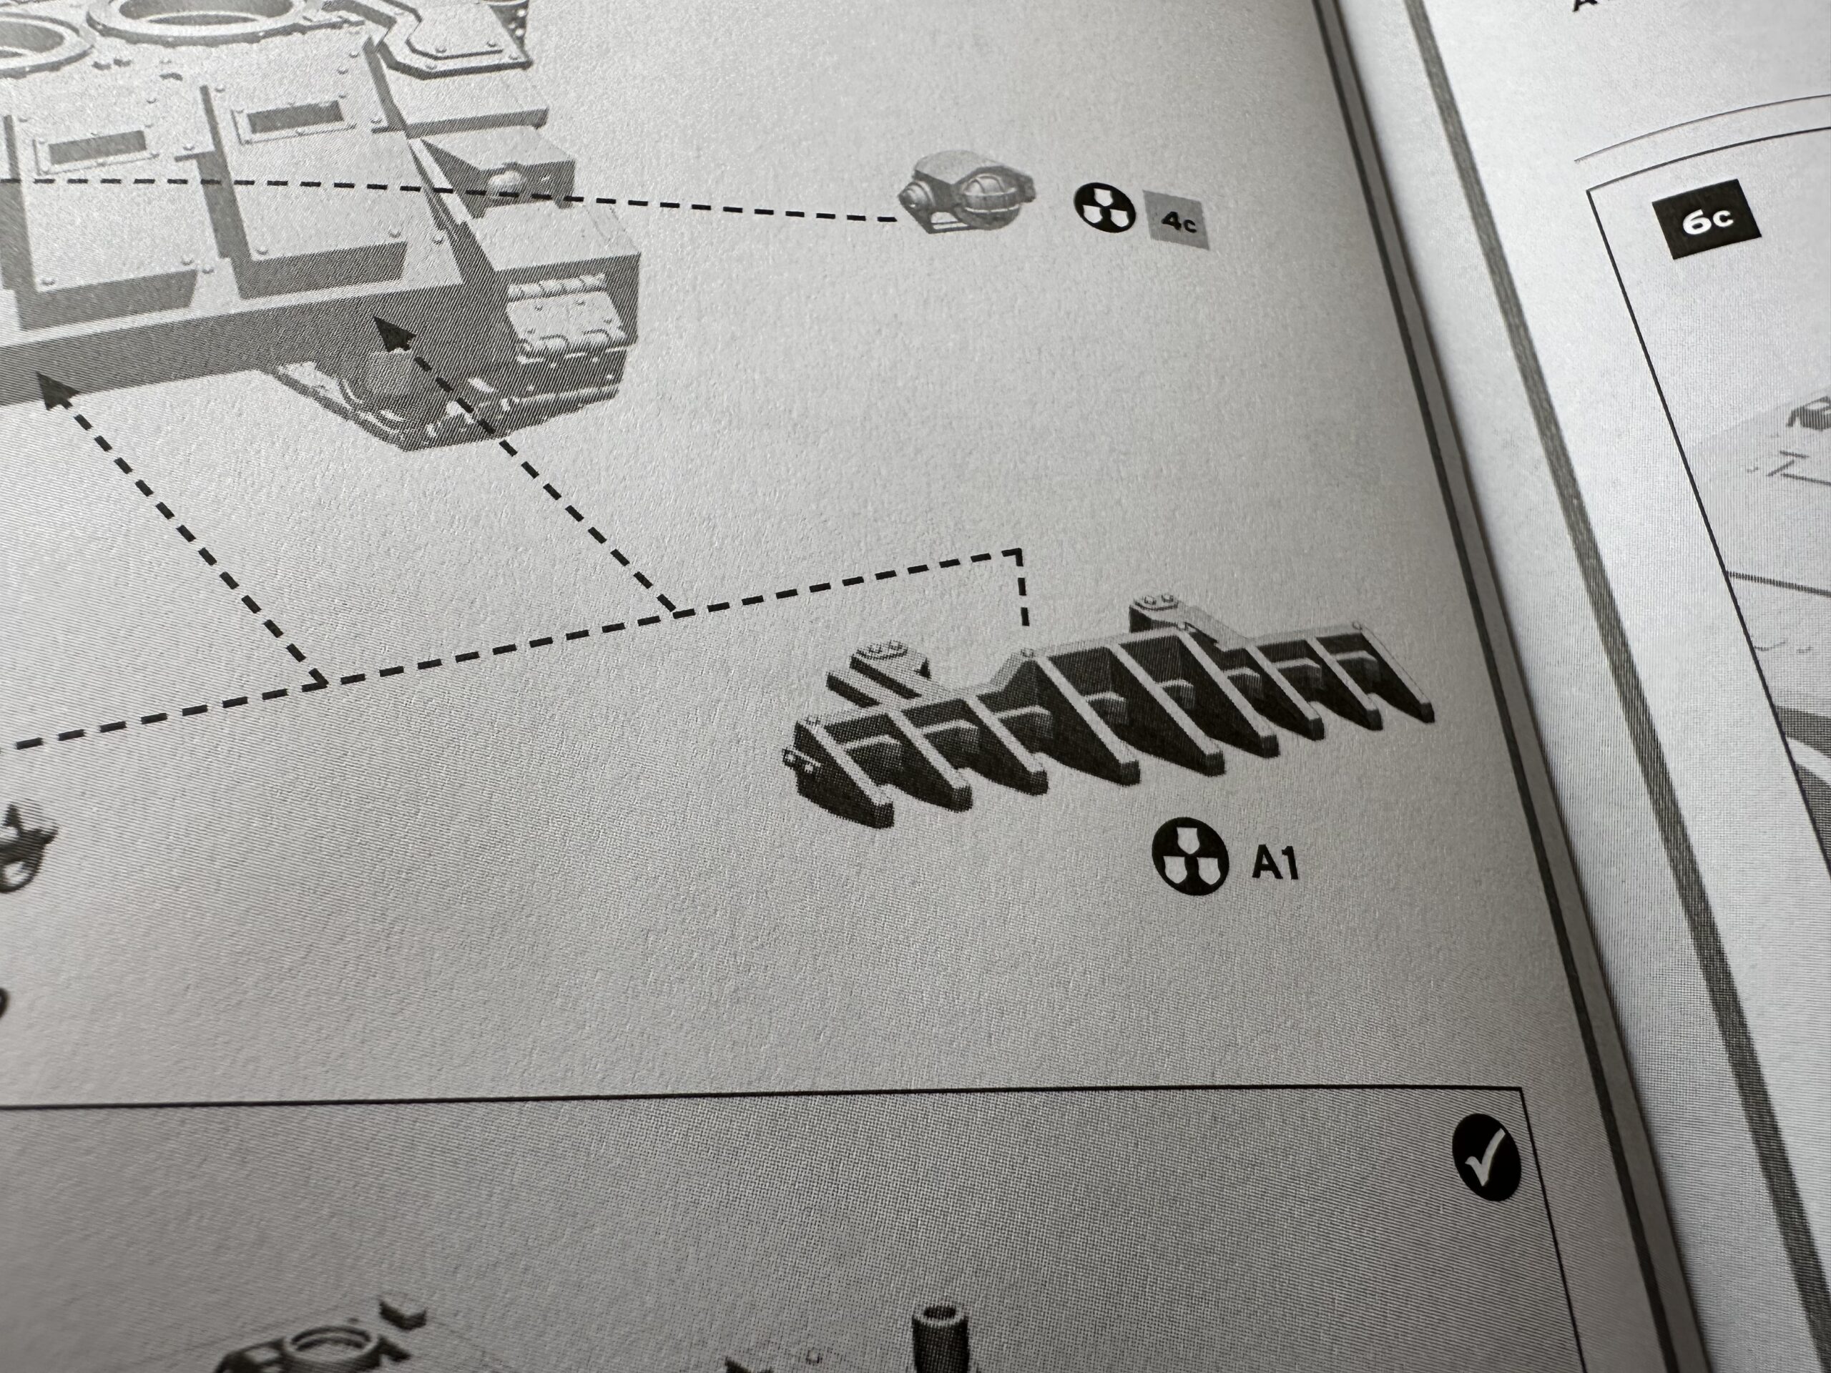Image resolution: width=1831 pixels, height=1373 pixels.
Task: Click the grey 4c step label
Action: pyautogui.click(x=1175, y=220)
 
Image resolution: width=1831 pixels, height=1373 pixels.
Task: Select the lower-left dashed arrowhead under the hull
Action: pyautogui.click(x=54, y=389)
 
